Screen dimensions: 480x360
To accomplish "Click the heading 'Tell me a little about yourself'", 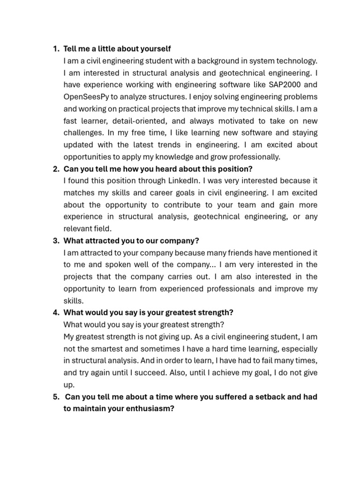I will pos(117,49).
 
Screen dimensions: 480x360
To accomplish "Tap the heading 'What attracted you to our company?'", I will pos(131,240).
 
